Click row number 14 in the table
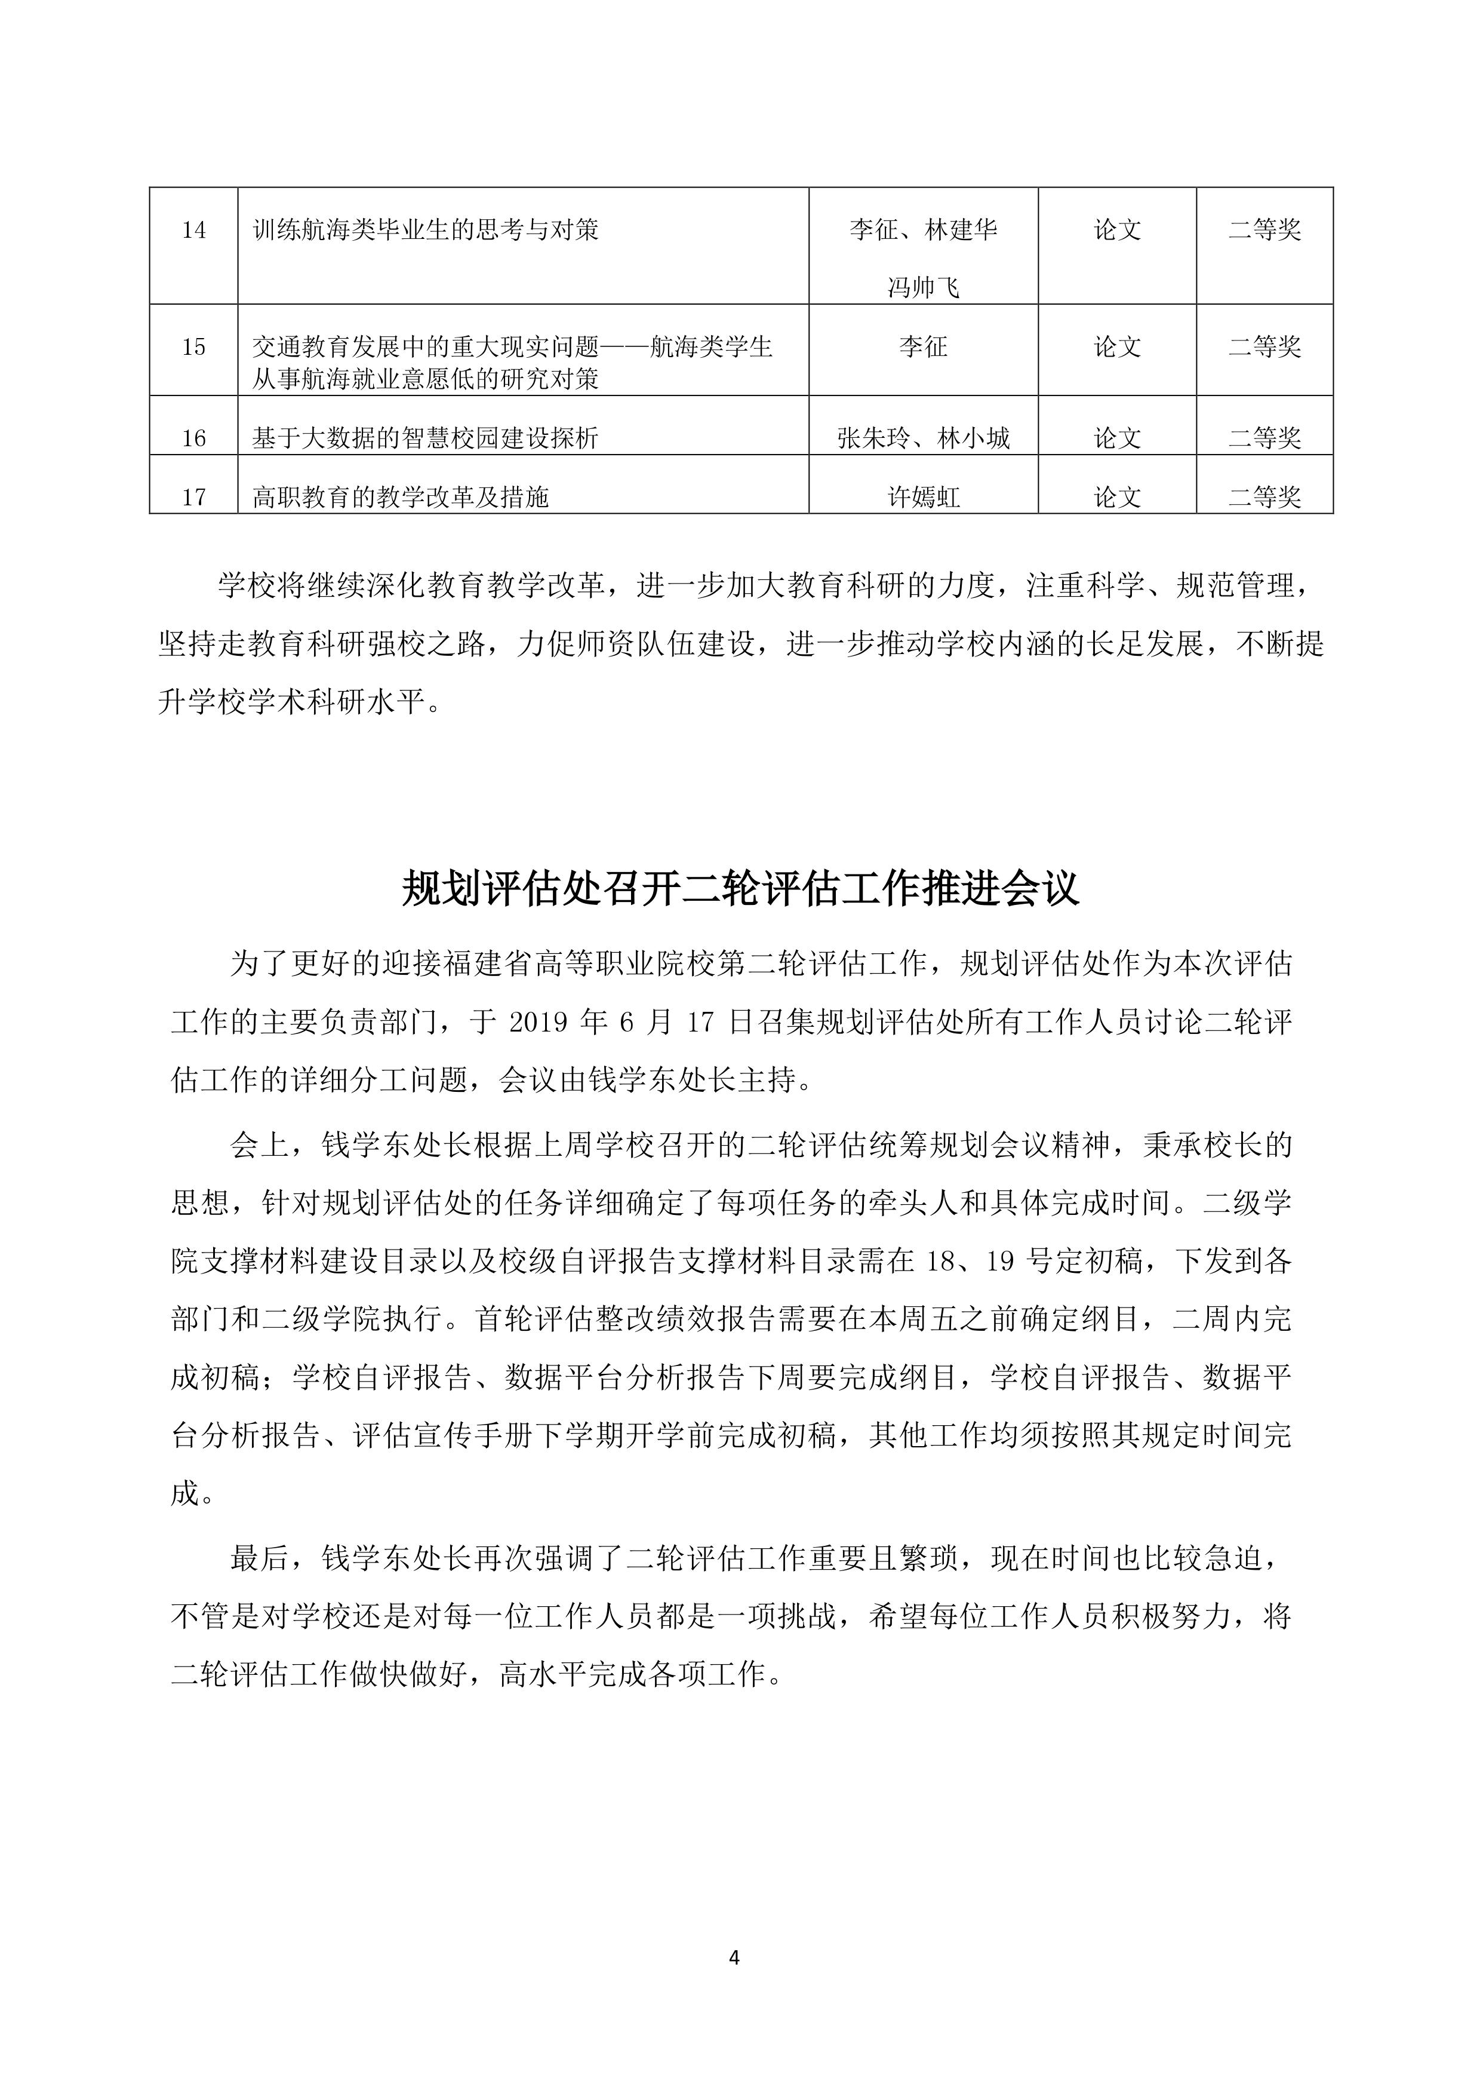point(193,231)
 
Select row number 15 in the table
point(193,347)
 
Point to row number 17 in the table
point(193,498)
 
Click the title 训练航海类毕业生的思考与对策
point(426,230)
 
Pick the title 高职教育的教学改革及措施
point(401,498)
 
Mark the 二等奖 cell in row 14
point(1264,230)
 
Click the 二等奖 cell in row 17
point(1264,498)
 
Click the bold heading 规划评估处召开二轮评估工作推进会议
point(740,889)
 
